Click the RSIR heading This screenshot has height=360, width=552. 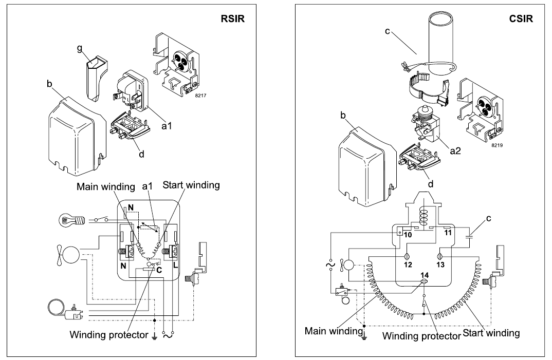[232, 18]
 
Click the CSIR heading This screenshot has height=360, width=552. [521, 18]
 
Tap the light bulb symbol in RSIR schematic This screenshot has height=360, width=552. [72, 220]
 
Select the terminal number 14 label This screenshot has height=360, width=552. [425, 275]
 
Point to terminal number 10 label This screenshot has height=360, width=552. [408, 234]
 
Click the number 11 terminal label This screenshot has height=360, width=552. [448, 233]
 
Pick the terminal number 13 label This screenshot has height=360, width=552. [440, 264]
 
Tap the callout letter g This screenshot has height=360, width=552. [80, 49]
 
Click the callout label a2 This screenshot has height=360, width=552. [455, 150]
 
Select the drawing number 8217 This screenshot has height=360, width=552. [200, 96]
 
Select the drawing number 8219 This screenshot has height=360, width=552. [497, 145]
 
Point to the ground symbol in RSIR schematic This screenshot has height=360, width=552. [154, 336]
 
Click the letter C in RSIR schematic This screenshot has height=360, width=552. [159, 270]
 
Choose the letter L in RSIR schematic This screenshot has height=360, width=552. [176, 264]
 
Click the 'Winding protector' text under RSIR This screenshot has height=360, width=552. [109, 335]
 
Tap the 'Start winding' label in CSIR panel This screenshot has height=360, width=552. [491, 333]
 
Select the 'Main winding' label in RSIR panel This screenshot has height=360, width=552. [105, 186]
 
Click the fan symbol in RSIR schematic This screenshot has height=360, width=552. [69, 255]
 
